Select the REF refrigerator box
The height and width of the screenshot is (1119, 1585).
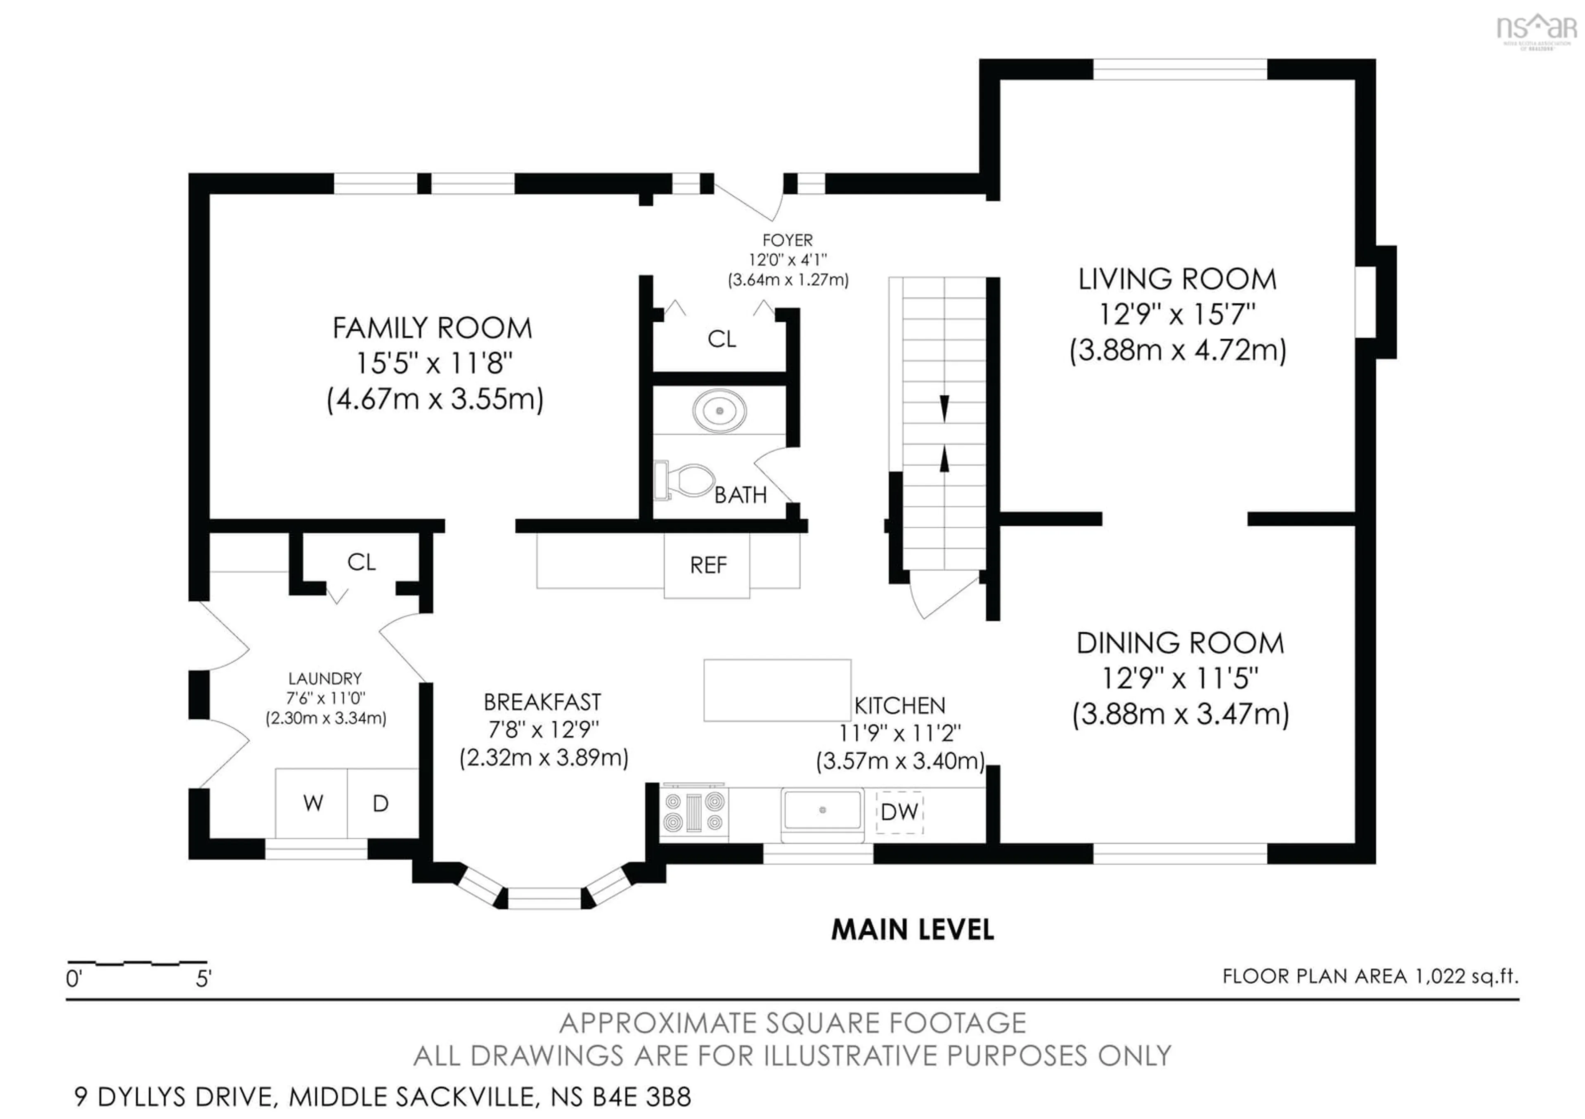tap(707, 566)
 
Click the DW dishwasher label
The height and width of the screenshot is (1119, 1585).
tap(899, 812)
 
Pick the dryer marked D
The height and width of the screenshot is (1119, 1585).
tap(381, 803)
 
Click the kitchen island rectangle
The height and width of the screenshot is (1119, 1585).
tap(777, 690)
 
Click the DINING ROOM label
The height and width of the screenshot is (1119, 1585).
tap(1180, 643)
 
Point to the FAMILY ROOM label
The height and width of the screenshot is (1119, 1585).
tap(432, 328)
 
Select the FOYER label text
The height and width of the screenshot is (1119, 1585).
tap(787, 240)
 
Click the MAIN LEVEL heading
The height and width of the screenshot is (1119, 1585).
tap(912, 930)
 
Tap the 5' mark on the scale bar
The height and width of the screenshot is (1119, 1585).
tap(203, 978)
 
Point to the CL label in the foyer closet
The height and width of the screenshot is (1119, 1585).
tap(722, 339)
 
